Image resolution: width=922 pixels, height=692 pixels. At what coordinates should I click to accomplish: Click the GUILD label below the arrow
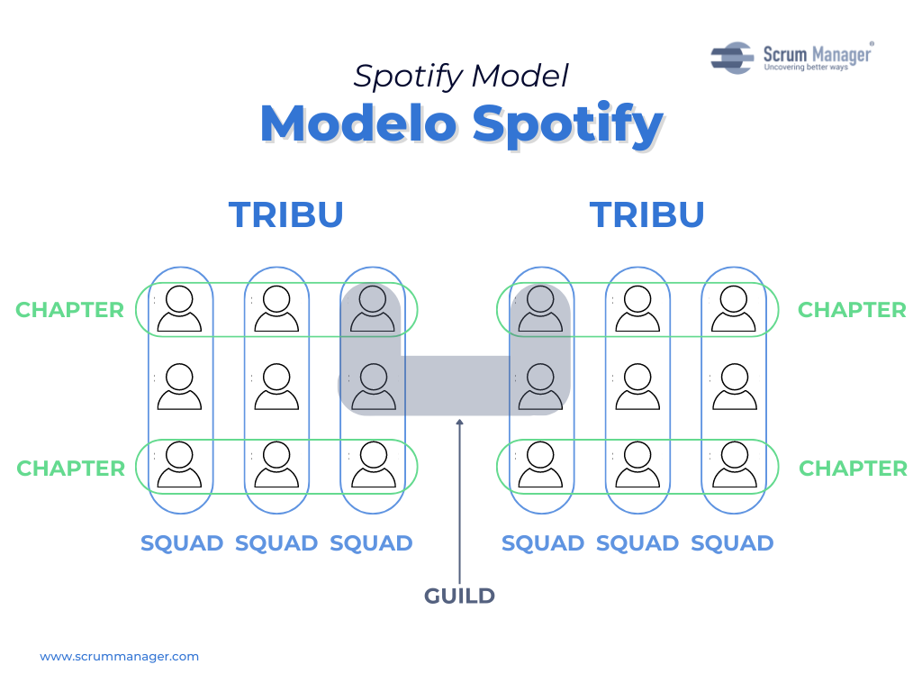pos(459,596)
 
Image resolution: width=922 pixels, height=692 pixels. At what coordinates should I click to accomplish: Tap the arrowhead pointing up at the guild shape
pos(460,422)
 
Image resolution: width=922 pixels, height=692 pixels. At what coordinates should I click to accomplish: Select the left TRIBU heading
pos(285,214)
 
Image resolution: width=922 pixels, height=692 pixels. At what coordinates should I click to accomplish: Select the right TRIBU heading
pos(646,214)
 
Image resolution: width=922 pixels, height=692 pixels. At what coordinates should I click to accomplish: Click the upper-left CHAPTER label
pos(70,310)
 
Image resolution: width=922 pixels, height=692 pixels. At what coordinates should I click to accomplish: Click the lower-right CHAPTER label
pos(853,469)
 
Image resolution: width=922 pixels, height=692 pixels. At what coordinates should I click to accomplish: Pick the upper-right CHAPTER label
pos(852,310)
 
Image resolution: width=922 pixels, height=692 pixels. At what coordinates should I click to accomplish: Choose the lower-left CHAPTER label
pos(70,469)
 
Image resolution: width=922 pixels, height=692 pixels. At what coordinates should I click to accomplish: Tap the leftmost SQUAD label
pos(182,543)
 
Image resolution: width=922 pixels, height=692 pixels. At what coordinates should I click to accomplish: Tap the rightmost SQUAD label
pos(732,543)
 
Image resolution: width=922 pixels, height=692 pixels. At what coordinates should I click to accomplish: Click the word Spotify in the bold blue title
pos(568,124)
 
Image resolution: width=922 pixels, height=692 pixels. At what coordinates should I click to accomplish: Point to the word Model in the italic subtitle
pos(520,76)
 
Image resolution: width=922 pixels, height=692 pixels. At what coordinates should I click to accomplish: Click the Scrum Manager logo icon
pos(732,58)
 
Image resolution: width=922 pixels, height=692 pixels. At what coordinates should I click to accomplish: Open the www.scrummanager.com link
pos(120,657)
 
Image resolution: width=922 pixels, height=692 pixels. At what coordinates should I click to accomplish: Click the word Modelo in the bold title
pos(358,123)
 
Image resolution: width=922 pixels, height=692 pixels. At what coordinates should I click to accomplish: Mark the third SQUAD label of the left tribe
pos(371,543)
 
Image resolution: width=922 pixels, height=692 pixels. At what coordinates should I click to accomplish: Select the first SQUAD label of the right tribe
pos(543,543)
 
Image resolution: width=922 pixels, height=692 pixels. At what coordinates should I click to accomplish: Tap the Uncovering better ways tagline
pos(806,68)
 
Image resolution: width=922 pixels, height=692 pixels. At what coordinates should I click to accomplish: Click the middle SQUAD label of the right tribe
pos(637,543)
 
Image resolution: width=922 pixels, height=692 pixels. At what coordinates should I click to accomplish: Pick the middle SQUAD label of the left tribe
pos(276,543)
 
